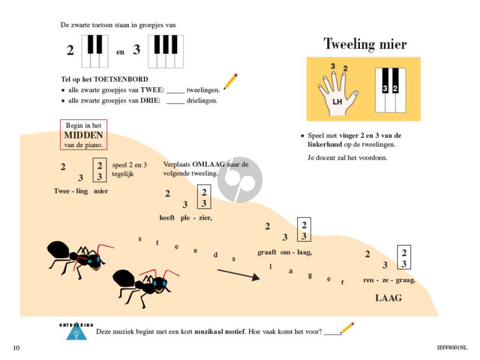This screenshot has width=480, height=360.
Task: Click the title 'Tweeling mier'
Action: point(365,44)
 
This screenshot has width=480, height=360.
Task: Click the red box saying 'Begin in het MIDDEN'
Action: point(83,135)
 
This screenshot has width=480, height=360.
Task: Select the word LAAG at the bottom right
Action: point(389,298)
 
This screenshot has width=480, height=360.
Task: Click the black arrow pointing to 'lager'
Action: point(239,274)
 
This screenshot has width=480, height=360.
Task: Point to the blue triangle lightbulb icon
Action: point(76,331)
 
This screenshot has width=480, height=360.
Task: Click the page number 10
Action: point(16,348)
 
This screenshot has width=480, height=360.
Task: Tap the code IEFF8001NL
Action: point(452,347)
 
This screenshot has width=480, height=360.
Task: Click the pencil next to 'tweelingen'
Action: point(231,81)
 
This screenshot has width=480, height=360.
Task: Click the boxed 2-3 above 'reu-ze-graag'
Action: point(404,257)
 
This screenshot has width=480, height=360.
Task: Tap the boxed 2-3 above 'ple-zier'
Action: point(204,197)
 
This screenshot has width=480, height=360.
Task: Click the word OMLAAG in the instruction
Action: point(209,165)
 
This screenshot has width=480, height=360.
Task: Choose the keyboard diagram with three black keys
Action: point(165,52)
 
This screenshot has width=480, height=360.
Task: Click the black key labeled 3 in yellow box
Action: point(385,81)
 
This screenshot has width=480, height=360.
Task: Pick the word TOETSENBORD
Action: point(121,79)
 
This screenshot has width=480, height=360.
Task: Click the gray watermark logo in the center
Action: point(240,180)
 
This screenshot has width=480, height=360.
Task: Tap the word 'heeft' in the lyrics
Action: point(167,217)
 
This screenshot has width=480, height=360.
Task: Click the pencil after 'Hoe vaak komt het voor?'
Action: point(347,328)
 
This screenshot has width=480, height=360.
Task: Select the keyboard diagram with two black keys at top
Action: point(95,52)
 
